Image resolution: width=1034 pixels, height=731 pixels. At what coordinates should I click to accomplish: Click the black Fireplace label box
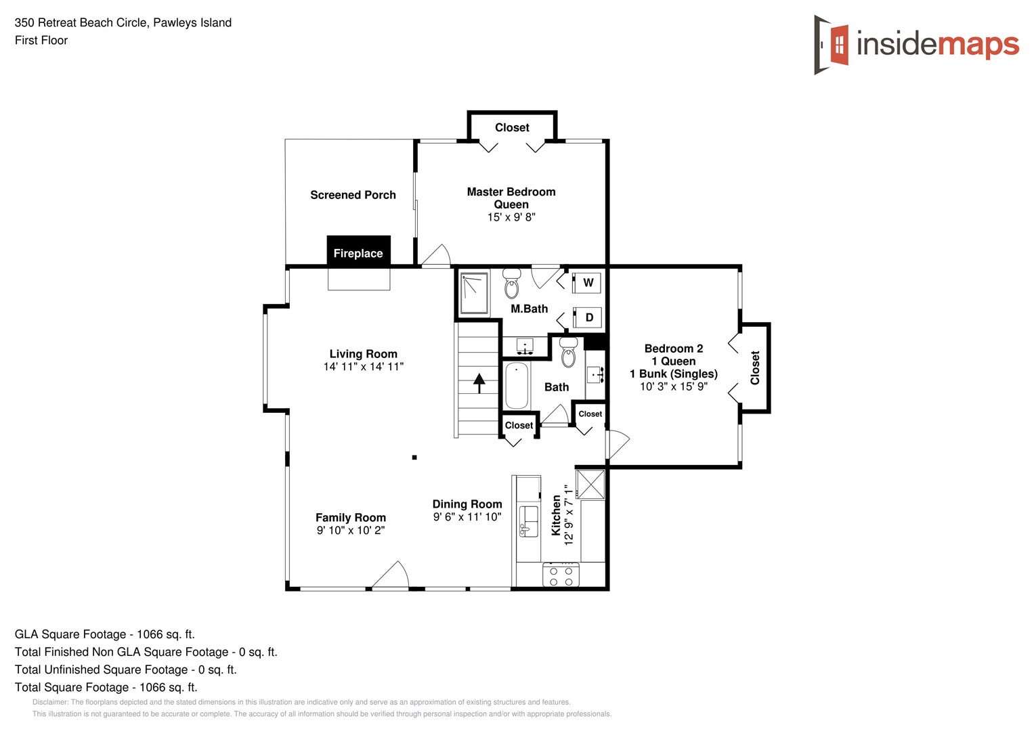coord(358,251)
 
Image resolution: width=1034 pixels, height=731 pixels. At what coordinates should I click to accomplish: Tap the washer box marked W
coord(586,282)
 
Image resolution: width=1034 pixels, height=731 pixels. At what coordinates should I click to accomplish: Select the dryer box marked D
coord(587,317)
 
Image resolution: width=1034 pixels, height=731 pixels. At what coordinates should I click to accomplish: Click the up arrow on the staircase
coord(479,383)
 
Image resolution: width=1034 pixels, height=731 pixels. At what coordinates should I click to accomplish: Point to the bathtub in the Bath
coord(517,386)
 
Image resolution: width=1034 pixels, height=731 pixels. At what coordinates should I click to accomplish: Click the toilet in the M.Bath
coord(512,283)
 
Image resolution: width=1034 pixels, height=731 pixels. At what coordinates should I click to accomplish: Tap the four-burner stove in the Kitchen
coord(561,576)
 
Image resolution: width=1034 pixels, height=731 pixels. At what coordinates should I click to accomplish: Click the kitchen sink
coord(528,521)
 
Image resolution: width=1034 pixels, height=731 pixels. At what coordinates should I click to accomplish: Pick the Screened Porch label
coord(353,195)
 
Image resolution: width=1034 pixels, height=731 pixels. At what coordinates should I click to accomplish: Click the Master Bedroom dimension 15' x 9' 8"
coord(511,217)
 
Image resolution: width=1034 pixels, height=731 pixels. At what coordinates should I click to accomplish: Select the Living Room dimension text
coord(363,367)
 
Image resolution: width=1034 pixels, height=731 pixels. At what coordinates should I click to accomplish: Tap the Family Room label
coord(350,518)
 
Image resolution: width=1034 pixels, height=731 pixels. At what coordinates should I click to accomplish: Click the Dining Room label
coord(467,504)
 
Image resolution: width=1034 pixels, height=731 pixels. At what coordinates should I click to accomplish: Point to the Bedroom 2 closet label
coord(755,368)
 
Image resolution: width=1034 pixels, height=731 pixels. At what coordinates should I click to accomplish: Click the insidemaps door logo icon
coord(832,45)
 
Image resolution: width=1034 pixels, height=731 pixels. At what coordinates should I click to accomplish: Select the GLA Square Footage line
coord(105,634)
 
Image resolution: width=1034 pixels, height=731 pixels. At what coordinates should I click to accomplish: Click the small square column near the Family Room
coord(414,458)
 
